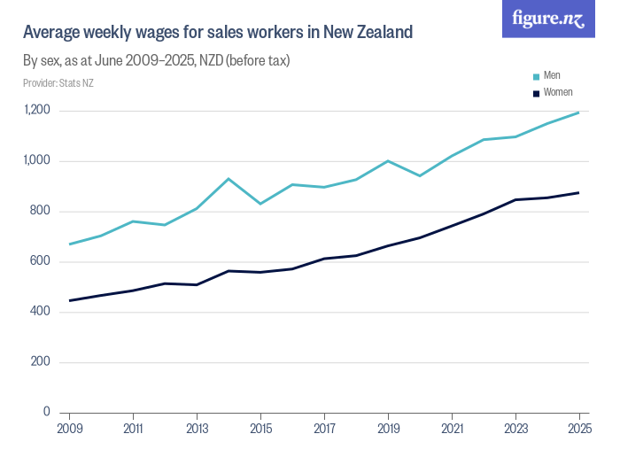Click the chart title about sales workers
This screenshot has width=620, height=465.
pos(218,33)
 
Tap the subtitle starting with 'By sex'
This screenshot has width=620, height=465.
pos(156,61)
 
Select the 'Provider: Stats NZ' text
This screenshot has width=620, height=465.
pos(58,83)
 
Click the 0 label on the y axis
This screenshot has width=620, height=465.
pos(46,413)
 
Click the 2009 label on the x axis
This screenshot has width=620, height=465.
pos(69,428)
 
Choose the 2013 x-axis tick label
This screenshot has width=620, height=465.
pos(197,428)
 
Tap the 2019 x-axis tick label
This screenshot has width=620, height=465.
pos(388,428)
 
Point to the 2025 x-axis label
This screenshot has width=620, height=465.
pos(579,428)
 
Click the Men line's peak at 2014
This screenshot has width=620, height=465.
pos(229,179)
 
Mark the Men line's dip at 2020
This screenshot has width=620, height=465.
pos(420,175)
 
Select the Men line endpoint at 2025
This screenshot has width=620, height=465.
pos(579,112)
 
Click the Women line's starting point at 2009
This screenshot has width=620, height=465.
pos(69,300)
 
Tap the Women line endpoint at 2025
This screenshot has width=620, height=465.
pos(579,192)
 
